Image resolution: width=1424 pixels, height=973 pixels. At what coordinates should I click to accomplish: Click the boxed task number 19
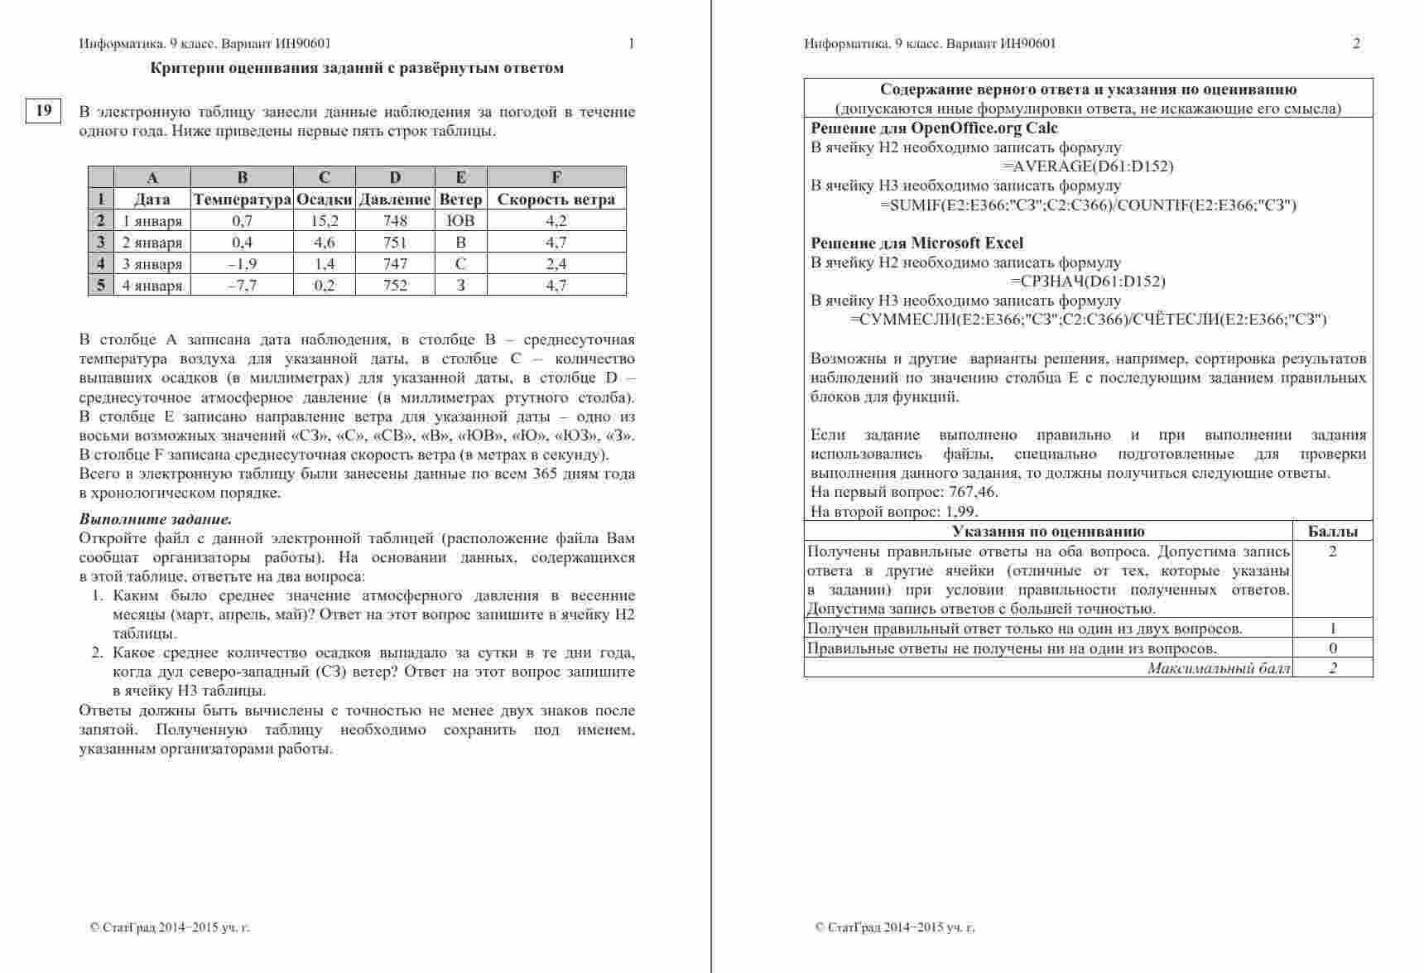click(44, 110)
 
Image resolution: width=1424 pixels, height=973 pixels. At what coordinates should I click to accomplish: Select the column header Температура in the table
click(242, 200)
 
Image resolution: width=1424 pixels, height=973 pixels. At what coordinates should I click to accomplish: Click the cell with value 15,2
click(325, 221)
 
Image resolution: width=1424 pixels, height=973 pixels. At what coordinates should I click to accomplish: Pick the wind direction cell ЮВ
click(460, 221)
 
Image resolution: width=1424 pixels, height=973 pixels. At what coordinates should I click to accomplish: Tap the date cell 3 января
click(152, 264)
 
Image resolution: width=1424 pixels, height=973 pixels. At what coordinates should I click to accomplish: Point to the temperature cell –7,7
click(242, 286)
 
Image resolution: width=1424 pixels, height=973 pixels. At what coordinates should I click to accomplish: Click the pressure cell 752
click(395, 286)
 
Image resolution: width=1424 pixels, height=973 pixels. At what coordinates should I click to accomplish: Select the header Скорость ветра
click(556, 200)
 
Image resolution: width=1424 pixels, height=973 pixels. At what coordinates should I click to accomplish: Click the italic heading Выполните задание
click(156, 520)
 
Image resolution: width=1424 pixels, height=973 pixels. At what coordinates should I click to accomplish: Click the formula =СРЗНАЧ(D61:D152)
click(1088, 282)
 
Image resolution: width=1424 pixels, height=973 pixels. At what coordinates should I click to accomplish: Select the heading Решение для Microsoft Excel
click(916, 243)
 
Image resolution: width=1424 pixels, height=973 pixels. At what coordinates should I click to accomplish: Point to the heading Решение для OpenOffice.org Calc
click(934, 128)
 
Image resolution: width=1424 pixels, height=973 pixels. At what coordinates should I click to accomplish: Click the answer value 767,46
click(973, 492)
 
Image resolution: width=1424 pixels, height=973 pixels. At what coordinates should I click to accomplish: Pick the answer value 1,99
click(961, 512)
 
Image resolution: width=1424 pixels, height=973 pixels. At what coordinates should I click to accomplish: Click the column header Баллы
click(1332, 532)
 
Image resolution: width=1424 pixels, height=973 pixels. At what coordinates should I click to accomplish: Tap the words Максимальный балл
click(1219, 668)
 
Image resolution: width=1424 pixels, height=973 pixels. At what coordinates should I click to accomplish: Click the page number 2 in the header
click(1356, 44)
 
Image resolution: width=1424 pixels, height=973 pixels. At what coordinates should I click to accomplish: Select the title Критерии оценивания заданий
click(357, 68)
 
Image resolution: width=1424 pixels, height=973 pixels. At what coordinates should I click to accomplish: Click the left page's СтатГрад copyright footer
click(170, 927)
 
